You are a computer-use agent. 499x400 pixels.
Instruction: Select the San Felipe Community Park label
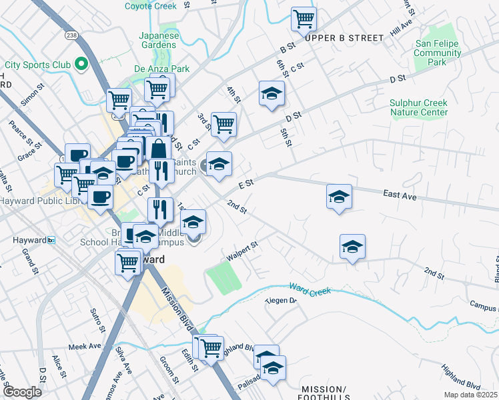tap(438, 53)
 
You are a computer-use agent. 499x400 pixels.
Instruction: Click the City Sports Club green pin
tap(82, 65)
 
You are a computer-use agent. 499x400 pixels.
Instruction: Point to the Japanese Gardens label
tap(158, 40)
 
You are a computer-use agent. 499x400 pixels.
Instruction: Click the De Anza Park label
tap(161, 69)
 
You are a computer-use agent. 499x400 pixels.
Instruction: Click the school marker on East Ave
tap(339, 196)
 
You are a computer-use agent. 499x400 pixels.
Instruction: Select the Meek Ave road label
tap(85, 347)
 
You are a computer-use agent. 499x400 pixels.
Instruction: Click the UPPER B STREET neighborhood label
tap(344, 38)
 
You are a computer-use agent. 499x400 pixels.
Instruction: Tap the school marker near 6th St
tap(272, 93)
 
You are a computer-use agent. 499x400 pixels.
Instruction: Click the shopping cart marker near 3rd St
tap(223, 123)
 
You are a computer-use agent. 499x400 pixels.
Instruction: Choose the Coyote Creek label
tap(150, 6)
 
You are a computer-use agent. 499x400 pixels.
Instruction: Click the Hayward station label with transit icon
tap(27, 240)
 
